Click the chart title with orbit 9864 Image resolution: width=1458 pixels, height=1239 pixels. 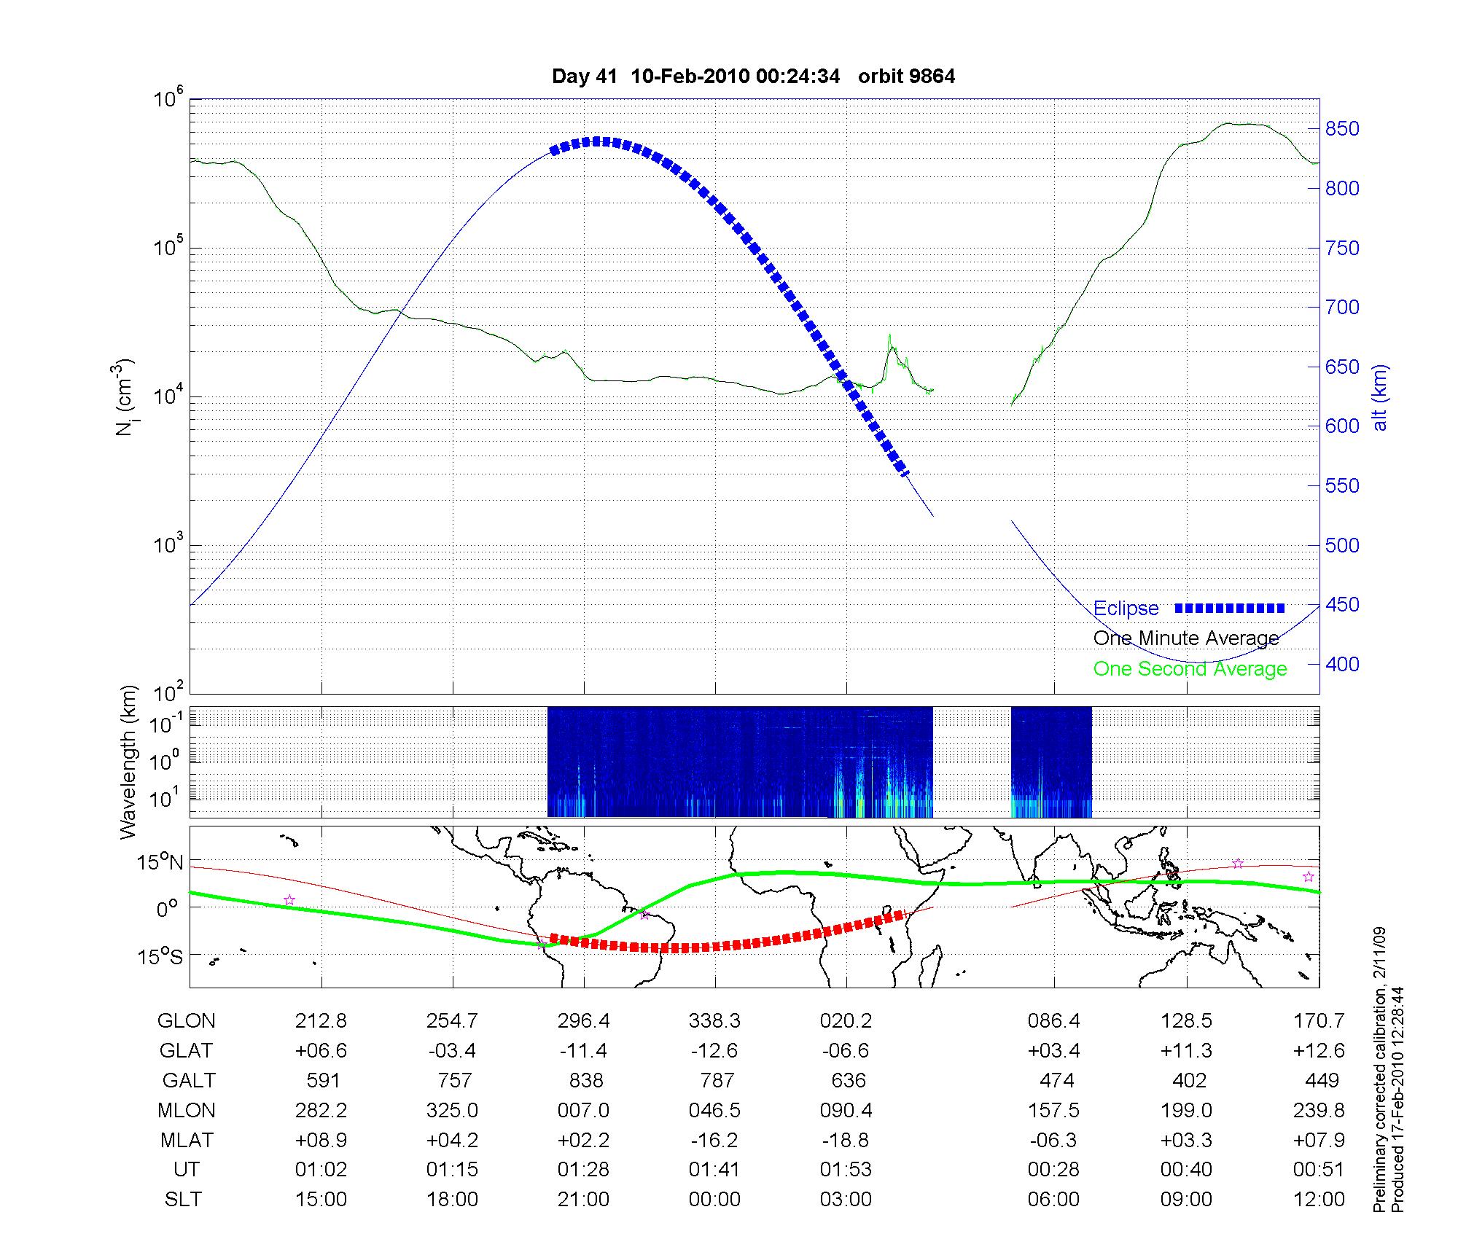pyautogui.click(x=753, y=77)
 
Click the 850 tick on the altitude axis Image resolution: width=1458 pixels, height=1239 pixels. pyautogui.click(x=1343, y=129)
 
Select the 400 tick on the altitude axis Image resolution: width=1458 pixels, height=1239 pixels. pyautogui.click(x=1343, y=664)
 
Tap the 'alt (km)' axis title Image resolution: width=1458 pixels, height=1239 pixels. pyautogui.click(x=1380, y=397)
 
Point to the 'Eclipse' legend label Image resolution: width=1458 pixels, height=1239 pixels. pyautogui.click(x=1126, y=609)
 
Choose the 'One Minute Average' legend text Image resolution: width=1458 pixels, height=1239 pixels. pyautogui.click(x=1186, y=638)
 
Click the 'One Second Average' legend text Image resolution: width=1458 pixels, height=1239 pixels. pyautogui.click(x=1190, y=669)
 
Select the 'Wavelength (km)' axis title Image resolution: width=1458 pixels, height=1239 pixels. pyautogui.click(x=129, y=762)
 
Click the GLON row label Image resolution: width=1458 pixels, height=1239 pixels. pyautogui.click(x=186, y=1021)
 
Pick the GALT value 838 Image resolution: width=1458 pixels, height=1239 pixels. pyautogui.click(x=585, y=1080)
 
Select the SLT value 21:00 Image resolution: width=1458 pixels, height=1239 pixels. pyautogui.click(x=583, y=1200)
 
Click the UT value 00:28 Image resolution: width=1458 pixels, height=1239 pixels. pyautogui.click(x=1053, y=1170)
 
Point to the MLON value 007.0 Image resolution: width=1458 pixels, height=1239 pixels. pyautogui.click(x=583, y=1110)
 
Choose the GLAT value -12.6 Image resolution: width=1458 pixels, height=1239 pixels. pyautogui.click(x=714, y=1051)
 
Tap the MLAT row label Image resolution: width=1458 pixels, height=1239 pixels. pyautogui.click(x=187, y=1140)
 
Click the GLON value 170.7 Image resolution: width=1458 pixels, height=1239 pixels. pyautogui.click(x=1319, y=1021)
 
